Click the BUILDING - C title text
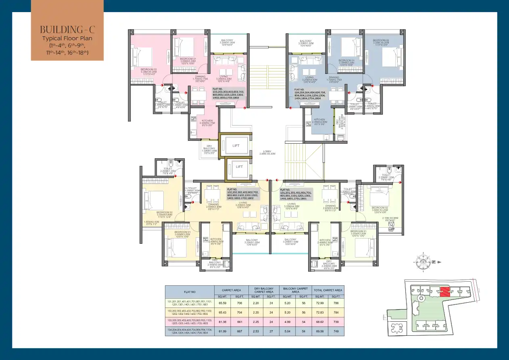[67, 29]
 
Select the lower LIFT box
[239, 166]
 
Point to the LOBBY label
[267, 153]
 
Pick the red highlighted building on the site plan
[444, 291]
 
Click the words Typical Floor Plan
[67, 38]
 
